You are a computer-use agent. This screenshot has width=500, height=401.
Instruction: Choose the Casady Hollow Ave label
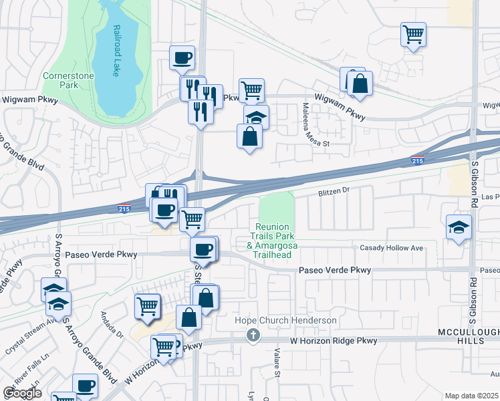tap(392, 248)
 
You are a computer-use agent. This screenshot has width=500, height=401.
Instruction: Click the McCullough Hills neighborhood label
tap(468, 337)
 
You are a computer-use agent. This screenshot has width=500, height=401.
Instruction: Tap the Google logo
tap(22, 393)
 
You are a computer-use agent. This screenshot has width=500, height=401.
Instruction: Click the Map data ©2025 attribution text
tap(471, 396)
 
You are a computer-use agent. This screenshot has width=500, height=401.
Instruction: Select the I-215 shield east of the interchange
tap(416, 160)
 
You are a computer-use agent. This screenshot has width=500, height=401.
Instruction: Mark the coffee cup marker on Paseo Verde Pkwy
tap(203, 250)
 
